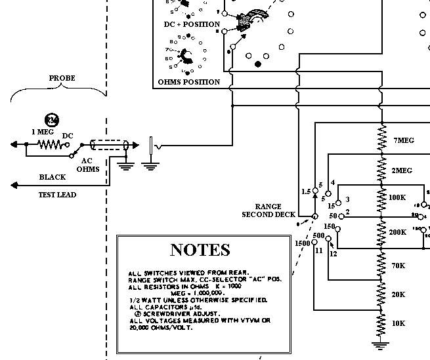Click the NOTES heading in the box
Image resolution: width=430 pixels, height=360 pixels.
[x=200, y=249]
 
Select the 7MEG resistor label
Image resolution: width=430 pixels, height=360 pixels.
[x=403, y=140]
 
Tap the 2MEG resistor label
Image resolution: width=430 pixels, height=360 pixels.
[x=402, y=170]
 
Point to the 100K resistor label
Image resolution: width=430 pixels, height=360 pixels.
[x=398, y=197]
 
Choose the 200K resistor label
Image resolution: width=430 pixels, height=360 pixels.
[x=398, y=232]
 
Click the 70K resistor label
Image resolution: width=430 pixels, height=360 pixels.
[x=398, y=266]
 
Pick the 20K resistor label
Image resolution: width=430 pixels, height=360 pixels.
[x=398, y=294]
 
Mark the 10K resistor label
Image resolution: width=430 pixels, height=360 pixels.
[x=398, y=323]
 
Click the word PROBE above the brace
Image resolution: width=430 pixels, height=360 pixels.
[x=62, y=78]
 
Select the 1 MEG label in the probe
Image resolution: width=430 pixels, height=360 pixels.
[x=42, y=131]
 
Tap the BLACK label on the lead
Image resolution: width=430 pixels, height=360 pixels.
[x=52, y=177]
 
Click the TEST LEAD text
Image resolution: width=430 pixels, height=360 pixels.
[x=57, y=195]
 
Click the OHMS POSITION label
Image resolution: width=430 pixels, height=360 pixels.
[x=189, y=82]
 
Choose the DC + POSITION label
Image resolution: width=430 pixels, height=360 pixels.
[x=192, y=24]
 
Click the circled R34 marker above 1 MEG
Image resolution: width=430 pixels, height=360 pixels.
[x=51, y=119]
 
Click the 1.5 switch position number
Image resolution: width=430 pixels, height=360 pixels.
[x=305, y=191]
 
